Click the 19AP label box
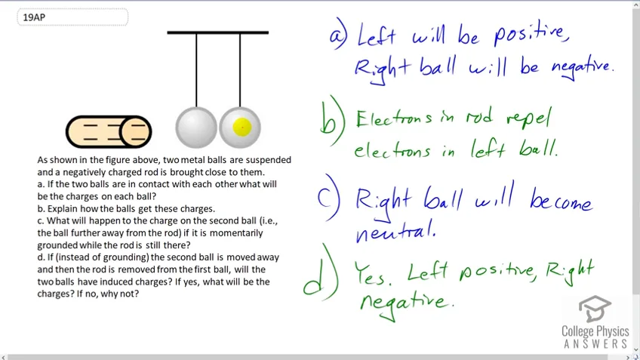pos(72,17)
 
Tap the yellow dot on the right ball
pos(242,128)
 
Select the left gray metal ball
pos(196,128)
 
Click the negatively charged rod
pos(109,132)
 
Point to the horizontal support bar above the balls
pos(218,32)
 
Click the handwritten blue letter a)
pos(339,35)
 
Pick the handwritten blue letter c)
pos(328,198)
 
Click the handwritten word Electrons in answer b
pos(393,119)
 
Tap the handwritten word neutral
pos(395,231)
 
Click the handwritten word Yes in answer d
pos(373,273)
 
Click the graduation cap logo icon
pos(595,309)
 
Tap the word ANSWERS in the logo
pos(595,343)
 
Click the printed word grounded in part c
pos(57,245)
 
